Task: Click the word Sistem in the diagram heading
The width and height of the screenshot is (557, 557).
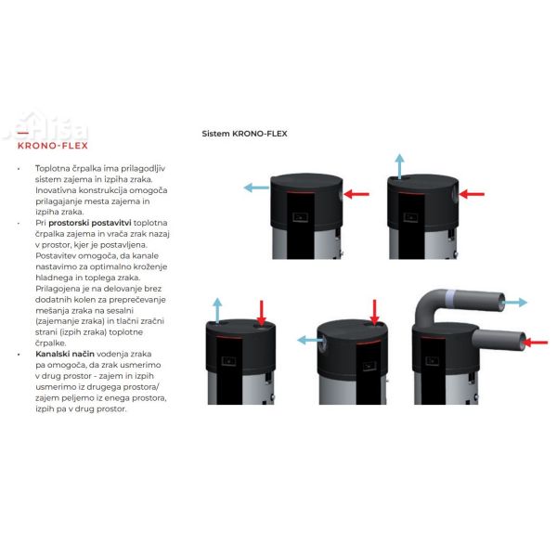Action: point(216,134)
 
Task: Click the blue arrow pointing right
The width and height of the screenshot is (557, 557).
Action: point(514,303)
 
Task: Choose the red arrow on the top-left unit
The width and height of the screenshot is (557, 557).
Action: point(356,193)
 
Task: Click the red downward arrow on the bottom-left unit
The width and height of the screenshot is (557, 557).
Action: point(262,312)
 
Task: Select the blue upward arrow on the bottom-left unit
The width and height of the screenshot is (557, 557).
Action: point(217,311)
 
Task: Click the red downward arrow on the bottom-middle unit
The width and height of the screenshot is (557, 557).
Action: point(374,312)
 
